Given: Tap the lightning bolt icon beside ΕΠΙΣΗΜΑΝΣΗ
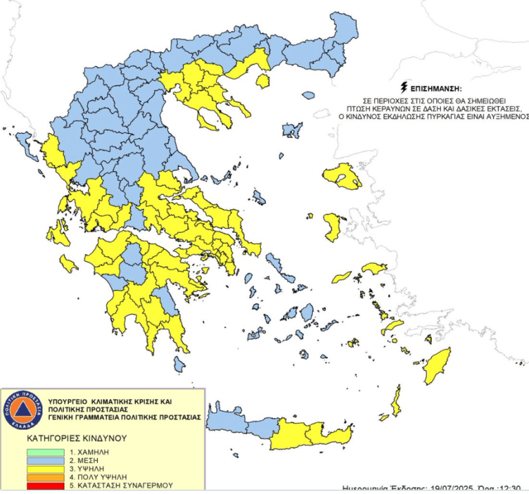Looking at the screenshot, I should point(403,88).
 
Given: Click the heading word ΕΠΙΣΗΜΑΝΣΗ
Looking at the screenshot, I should point(435,90).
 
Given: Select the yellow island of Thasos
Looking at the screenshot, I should point(262,81).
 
